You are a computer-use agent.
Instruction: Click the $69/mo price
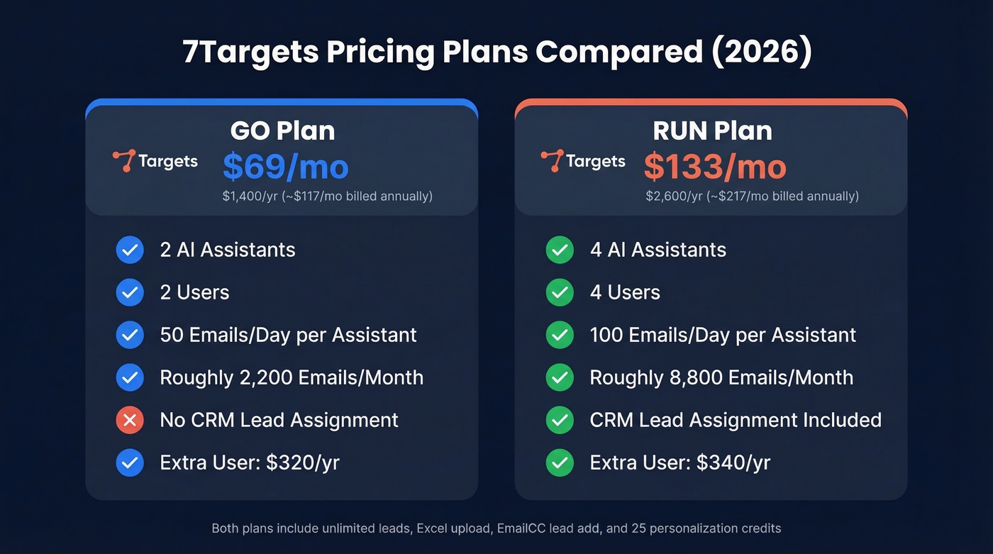pyautogui.click(x=286, y=167)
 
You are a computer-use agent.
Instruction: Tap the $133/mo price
pyautogui.click(x=715, y=167)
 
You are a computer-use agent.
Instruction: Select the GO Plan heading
pyautogui.click(x=282, y=131)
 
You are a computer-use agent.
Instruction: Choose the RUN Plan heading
pyautogui.click(x=712, y=131)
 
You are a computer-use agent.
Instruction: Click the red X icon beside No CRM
pyautogui.click(x=130, y=420)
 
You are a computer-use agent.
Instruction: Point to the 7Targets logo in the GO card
pyautogui.click(x=155, y=161)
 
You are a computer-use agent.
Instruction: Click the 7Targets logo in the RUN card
pyautogui.click(x=583, y=161)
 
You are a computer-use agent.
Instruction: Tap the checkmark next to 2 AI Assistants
pyautogui.click(x=130, y=250)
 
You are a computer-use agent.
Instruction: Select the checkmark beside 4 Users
pyautogui.click(x=560, y=292)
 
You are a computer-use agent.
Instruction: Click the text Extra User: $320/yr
pyautogui.click(x=250, y=462)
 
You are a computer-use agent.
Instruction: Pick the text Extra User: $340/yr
pyautogui.click(x=679, y=462)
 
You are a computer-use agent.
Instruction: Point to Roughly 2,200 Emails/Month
pyautogui.click(x=292, y=377)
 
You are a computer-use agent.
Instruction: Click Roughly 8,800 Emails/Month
pyautogui.click(x=721, y=377)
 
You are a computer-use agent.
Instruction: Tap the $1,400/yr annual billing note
pyautogui.click(x=327, y=196)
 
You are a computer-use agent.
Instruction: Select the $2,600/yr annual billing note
pyautogui.click(x=752, y=196)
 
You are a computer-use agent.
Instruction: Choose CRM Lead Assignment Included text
pyautogui.click(x=736, y=420)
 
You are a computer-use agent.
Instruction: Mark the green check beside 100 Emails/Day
pyautogui.click(x=560, y=335)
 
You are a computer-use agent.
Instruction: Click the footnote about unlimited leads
pyautogui.click(x=496, y=528)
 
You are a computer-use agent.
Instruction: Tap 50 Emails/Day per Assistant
pyautogui.click(x=288, y=335)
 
